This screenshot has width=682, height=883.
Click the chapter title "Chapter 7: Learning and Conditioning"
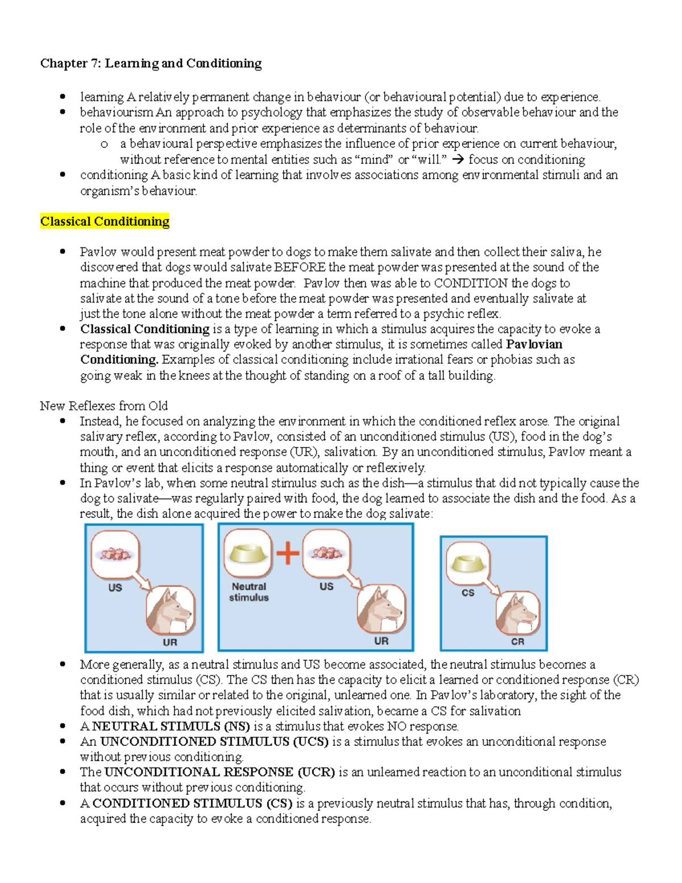(151, 63)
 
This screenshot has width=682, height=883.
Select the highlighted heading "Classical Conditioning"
(105, 221)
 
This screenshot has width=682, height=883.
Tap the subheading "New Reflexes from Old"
(103, 406)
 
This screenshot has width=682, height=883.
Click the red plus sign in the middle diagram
(288, 553)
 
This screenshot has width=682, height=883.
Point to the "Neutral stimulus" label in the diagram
(249, 592)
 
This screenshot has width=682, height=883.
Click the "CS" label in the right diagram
(468, 592)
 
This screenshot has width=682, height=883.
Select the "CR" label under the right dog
(518, 641)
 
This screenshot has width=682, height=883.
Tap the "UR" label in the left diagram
(170, 642)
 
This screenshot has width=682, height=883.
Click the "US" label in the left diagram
(115, 587)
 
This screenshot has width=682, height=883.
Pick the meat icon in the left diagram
(115, 553)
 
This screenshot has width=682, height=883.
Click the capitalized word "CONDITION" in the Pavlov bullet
(471, 283)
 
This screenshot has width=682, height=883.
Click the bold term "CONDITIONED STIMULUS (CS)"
(192, 803)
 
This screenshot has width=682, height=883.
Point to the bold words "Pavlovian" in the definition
(534, 345)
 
